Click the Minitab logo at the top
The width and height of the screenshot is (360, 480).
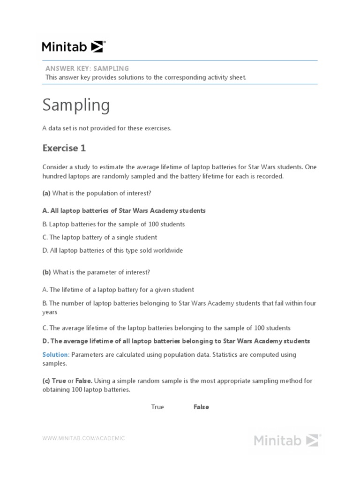[x=74, y=46]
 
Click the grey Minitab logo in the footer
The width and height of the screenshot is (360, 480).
[x=287, y=440]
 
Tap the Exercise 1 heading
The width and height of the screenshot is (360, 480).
[x=64, y=148]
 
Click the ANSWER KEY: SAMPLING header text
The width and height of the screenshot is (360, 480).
[x=87, y=68]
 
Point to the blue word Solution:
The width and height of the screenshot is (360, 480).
[x=56, y=354]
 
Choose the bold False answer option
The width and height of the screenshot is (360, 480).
[x=201, y=407]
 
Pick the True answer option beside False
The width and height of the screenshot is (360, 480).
[x=157, y=407]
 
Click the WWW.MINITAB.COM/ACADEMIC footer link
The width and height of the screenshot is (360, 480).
[x=84, y=438]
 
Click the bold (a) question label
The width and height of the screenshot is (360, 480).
[x=46, y=193]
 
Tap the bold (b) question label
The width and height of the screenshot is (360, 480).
[x=47, y=272]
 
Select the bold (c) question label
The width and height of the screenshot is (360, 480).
[x=46, y=381]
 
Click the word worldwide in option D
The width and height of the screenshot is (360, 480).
[x=168, y=250]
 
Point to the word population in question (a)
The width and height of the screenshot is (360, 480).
[x=96, y=193]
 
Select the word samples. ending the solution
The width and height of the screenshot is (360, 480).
[x=55, y=363]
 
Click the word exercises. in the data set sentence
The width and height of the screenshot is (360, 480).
[x=157, y=128]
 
